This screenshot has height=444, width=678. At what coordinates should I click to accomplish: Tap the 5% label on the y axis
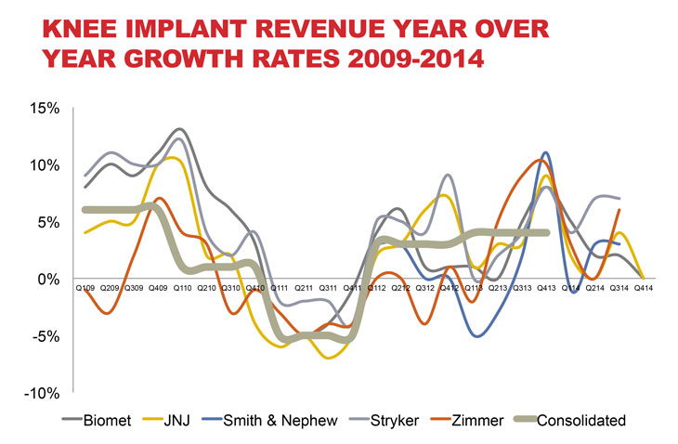click(x=47, y=222)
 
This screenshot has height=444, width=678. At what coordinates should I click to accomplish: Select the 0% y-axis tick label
click(x=47, y=279)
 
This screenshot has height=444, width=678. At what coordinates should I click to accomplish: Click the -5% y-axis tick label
click(x=45, y=335)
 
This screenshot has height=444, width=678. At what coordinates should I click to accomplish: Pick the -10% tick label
click(x=41, y=393)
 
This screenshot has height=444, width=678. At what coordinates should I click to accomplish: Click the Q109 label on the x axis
click(x=85, y=290)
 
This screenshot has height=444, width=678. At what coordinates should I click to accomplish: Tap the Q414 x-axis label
click(x=644, y=290)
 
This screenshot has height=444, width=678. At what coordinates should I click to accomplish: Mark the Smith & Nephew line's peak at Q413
click(x=546, y=152)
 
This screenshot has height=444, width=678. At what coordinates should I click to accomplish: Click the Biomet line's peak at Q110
click(x=178, y=130)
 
